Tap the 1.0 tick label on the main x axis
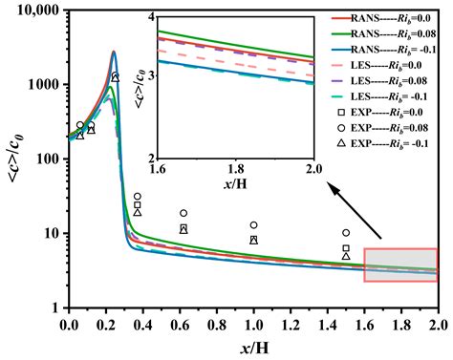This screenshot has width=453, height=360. tap(253, 325)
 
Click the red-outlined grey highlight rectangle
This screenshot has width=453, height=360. tap(400, 265)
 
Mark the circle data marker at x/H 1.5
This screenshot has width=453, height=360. tap(346, 233)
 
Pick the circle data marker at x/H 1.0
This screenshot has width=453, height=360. tap(253, 225)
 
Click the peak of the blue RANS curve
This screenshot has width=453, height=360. tap(114, 53)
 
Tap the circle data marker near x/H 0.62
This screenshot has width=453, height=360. tap(183, 213)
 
